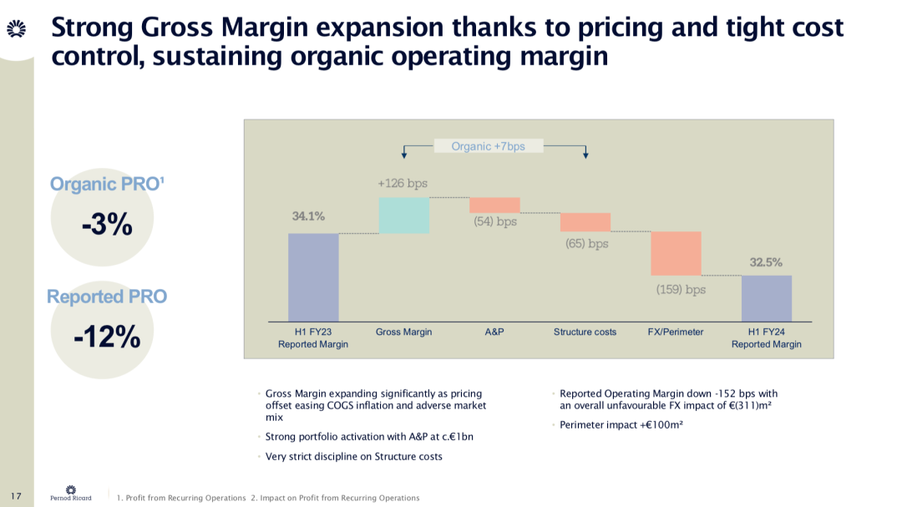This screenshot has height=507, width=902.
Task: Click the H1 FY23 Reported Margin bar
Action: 313,277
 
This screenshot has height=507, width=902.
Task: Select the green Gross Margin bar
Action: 403,215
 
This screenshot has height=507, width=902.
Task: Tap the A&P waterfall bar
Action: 494,205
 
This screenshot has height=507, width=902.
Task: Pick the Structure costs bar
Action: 585,222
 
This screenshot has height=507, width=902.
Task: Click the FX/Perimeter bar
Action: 676,253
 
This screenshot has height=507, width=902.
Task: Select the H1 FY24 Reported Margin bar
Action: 766,298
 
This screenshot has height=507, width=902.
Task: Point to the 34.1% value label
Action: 308,216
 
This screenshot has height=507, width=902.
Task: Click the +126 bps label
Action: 403,183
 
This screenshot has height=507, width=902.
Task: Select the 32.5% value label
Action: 766,261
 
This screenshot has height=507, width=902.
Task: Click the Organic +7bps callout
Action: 488,146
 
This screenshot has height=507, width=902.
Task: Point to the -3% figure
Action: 107,224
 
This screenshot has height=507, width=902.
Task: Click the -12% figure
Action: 107,337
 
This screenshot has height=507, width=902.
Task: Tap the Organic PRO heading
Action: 107,184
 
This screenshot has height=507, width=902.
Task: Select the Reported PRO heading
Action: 107,297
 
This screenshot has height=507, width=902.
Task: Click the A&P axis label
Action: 494,332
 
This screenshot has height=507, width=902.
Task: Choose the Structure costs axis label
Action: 585,332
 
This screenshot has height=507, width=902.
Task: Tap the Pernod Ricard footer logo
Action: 71,494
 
